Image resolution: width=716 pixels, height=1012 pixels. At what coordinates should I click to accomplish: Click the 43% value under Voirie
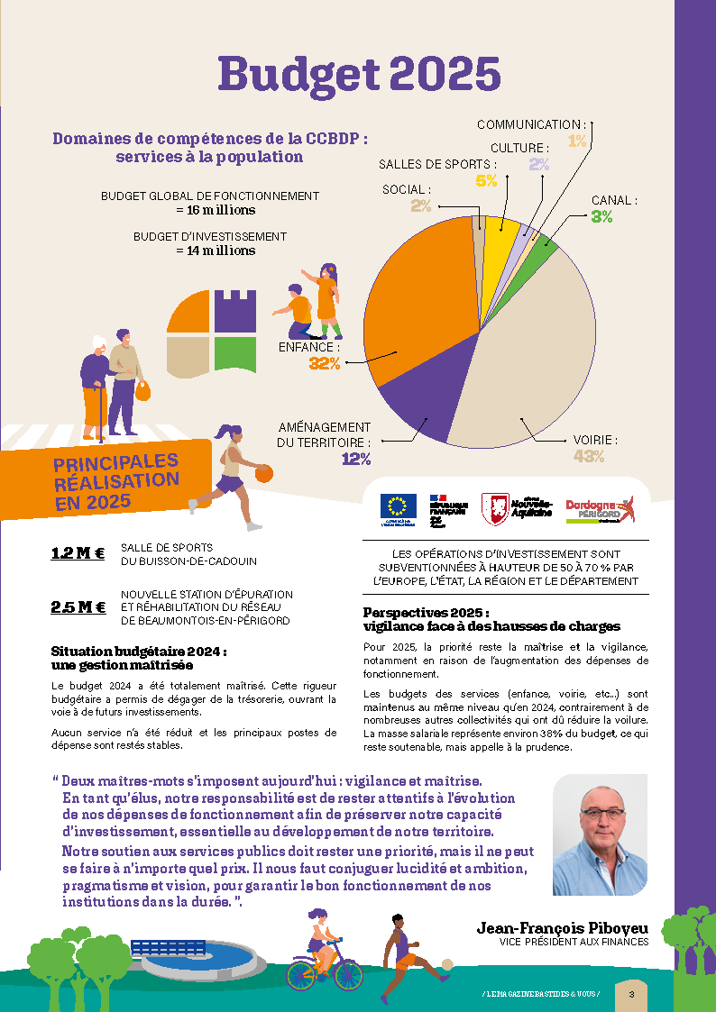[x=588, y=457]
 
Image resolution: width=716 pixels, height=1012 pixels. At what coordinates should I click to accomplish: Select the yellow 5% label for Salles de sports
[x=486, y=180]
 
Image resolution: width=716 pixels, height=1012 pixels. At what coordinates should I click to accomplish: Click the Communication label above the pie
[x=531, y=124]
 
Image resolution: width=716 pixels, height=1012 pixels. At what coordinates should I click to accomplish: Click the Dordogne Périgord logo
[x=600, y=509]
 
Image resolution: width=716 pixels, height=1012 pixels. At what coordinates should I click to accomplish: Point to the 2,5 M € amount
[x=78, y=606]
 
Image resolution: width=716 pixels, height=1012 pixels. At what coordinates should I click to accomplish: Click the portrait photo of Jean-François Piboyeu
[x=600, y=834]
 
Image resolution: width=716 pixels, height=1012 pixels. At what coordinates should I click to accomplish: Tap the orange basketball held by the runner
[x=263, y=473]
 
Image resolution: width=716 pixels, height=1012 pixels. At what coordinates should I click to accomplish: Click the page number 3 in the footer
[x=631, y=994]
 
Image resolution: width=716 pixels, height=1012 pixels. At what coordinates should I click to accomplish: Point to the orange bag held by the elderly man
[x=142, y=391]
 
